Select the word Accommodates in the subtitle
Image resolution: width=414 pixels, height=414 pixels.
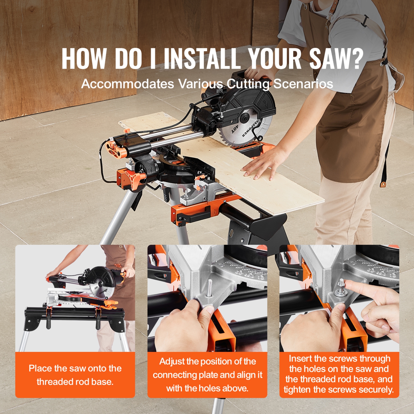coord(128,84)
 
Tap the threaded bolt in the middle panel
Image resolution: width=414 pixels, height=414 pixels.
coord(210,288)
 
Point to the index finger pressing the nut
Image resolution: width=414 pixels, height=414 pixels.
coord(359,287)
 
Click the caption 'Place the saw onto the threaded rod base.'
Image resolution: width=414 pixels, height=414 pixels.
coord(75,375)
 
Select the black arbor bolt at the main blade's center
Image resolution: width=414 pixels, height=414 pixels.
coord(244,118)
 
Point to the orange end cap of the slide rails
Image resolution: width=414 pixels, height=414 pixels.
coord(114,149)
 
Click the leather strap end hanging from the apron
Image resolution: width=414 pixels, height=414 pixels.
coord(383,184)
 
